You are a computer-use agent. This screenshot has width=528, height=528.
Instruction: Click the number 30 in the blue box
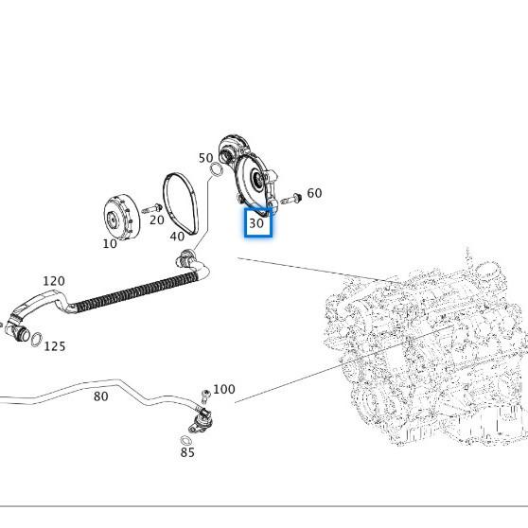click(257, 224)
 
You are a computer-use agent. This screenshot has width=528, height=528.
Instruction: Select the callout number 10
click(110, 243)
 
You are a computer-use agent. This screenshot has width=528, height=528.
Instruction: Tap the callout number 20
click(156, 220)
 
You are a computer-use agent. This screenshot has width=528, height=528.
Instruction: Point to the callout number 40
click(177, 236)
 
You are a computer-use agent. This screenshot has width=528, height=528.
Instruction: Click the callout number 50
click(205, 158)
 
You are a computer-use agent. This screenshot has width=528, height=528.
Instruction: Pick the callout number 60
click(314, 193)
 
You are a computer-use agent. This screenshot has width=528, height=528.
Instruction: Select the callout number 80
click(100, 396)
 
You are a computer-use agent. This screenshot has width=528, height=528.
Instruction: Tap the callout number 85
click(187, 452)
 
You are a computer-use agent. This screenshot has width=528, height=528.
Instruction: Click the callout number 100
click(224, 389)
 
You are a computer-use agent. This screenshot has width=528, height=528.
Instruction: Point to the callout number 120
click(54, 281)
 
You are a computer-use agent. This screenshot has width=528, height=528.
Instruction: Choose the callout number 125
click(55, 346)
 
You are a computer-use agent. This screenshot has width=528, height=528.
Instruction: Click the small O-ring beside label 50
click(218, 170)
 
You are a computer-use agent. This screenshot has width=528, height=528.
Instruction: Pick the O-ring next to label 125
click(35, 339)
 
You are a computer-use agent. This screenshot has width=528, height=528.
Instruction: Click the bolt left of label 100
click(204, 395)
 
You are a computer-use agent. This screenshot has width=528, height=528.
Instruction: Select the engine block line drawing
click(426, 350)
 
